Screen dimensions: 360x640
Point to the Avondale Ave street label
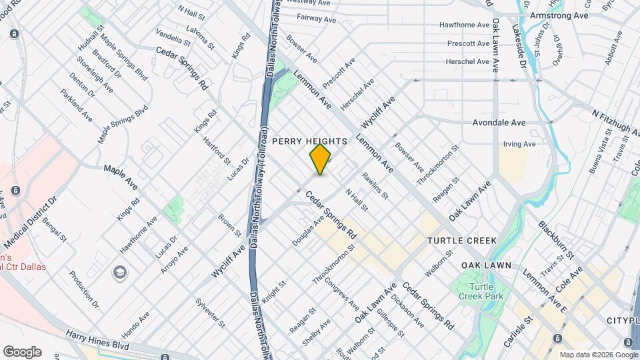[x=499, y=123]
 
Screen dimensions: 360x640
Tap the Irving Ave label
[x=519, y=144]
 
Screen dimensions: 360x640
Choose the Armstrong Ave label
[x=559, y=15]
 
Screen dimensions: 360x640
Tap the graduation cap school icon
[x=120, y=272]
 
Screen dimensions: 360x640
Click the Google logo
[x=21, y=351]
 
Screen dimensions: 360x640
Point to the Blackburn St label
[x=555, y=240]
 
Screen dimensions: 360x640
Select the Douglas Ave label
[x=308, y=231]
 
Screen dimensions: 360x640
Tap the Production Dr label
[x=84, y=289]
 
